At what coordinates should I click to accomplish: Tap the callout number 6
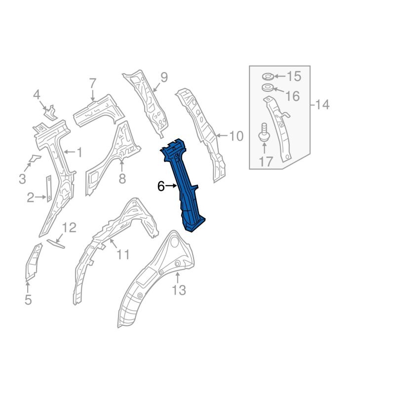tap(160, 187)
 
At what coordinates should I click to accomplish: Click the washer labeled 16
tap(267, 88)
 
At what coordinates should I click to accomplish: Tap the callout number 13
tap(179, 290)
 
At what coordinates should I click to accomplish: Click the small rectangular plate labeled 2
tap(49, 188)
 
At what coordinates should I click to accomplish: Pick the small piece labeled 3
tap(34, 158)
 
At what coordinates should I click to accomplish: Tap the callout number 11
tap(122, 254)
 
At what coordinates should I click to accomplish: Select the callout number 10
tap(237, 136)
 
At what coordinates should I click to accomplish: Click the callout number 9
tap(164, 77)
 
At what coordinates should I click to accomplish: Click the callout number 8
tap(122, 179)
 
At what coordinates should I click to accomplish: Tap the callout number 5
tap(28, 299)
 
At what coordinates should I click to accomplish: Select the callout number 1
tap(79, 153)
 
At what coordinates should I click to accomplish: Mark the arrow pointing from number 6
tap(171, 186)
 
